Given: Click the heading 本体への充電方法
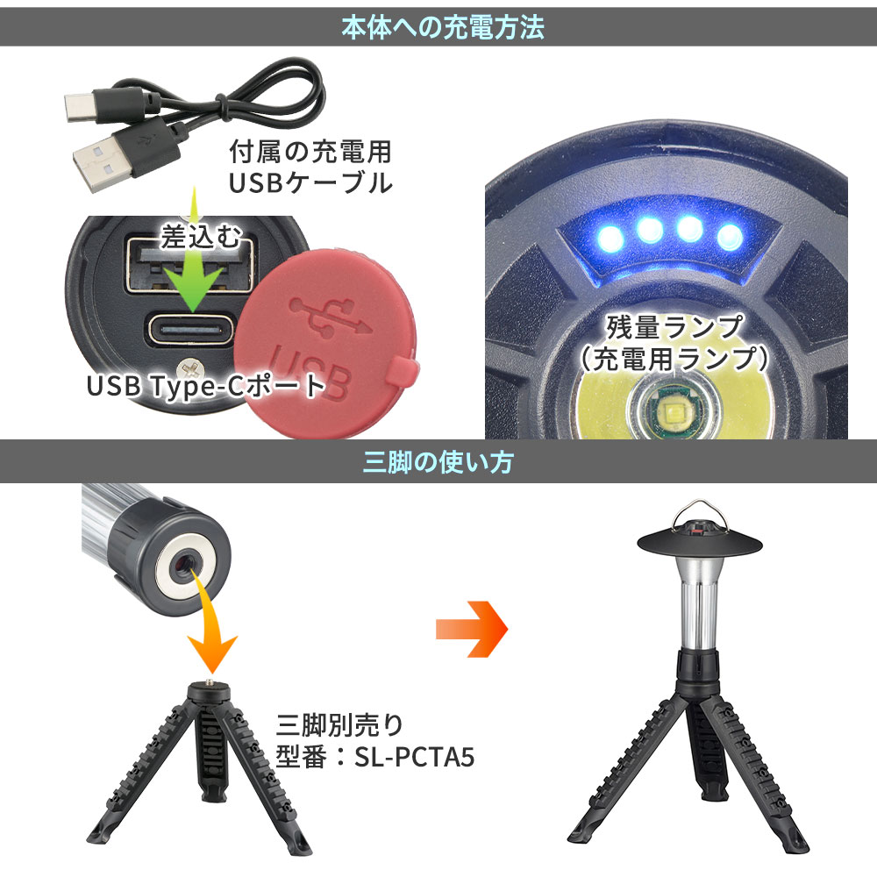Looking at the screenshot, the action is (x=442, y=27).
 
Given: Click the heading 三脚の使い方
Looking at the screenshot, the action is (x=438, y=462).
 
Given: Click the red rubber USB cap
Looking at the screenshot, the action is (x=324, y=342).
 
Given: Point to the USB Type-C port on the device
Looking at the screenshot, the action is (x=190, y=329).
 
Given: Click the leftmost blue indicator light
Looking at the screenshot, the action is (x=610, y=239).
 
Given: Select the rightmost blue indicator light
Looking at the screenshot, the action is (x=730, y=237).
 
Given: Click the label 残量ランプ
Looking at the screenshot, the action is (x=674, y=327).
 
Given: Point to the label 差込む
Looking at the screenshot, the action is (x=201, y=236).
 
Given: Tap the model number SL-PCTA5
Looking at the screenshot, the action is (x=414, y=758).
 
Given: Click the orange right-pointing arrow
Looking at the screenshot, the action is (x=472, y=629).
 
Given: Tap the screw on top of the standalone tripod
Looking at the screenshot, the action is (x=210, y=681).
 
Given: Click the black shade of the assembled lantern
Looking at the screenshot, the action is (x=700, y=540).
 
